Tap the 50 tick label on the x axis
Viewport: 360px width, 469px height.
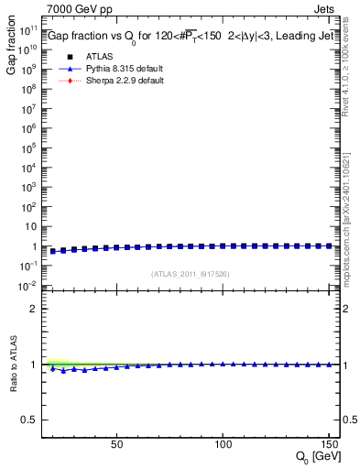[x=116, y=444]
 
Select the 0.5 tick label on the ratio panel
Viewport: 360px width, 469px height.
[x=29, y=420]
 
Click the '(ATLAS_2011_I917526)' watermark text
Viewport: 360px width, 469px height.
[x=191, y=274]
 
